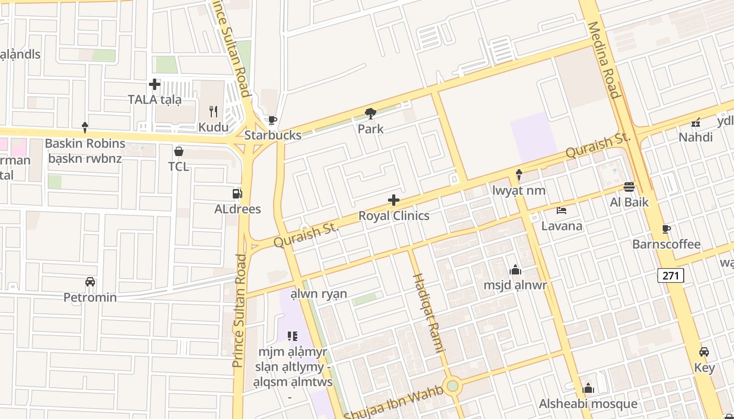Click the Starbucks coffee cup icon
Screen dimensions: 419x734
click(272, 120)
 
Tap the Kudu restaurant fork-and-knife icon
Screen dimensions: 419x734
click(213, 112)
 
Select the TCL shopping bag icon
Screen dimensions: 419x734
click(179, 151)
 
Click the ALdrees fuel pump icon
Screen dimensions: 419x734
click(238, 194)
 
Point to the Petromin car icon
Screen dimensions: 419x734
click(90, 282)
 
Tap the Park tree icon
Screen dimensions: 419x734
click(371, 113)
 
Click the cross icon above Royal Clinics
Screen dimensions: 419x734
click(394, 200)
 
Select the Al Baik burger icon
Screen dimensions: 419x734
click(630, 187)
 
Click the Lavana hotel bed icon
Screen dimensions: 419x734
click(562, 211)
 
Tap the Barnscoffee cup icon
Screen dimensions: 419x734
click(666, 229)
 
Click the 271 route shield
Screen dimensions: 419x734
click(671, 275)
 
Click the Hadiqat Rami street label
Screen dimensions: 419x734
click(428, 313)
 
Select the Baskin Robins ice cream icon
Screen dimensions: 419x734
click(85, 127)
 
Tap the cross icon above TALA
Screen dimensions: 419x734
click(155, 84)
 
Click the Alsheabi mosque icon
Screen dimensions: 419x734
click(588, 388)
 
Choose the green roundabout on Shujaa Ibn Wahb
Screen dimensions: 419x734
click(452, 387)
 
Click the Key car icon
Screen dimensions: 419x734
click(704, 352)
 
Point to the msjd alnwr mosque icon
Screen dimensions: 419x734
click(515, 270)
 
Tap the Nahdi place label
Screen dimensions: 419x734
click(696, 137)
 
